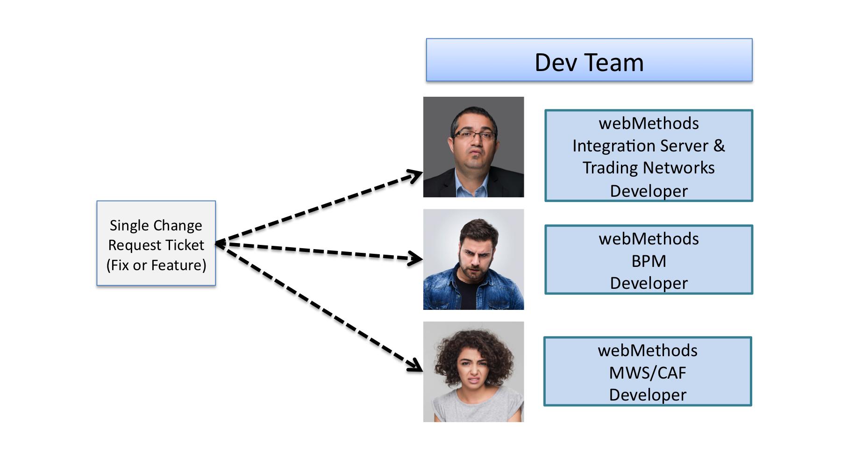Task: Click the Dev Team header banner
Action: tap(589, 60)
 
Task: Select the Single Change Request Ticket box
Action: tap(156, 243)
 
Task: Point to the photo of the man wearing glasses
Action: tap(473, 147)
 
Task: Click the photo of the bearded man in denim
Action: tap(473, 259)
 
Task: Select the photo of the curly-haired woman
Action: tap(473, 372)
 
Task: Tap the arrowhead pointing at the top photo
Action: tap(415, 176)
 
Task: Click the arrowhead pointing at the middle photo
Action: tap(415, 258)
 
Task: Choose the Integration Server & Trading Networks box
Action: tap(649, 156)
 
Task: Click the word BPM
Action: tap(649, 261)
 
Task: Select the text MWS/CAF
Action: tap(648, 373)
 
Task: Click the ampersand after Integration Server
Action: tap(719, 145)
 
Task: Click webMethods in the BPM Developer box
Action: tap(649, 239)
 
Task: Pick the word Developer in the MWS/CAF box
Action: tap(648, 395)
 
